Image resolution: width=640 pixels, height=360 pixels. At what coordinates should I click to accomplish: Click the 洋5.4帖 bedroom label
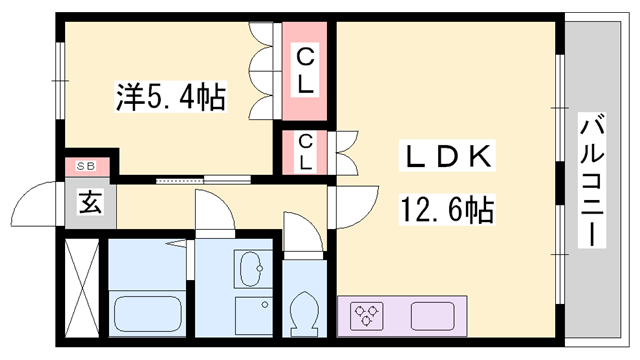click(170, 98)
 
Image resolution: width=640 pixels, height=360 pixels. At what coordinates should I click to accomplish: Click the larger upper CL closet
click(305, 71)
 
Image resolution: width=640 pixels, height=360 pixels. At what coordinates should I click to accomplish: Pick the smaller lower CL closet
click(305, 153)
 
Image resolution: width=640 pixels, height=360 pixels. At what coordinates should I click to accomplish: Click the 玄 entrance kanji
click(90, 204)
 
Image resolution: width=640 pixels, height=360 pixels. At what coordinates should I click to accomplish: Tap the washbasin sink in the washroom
click(250, 268)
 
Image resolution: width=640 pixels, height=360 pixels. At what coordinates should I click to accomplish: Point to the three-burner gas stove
click(368, 316)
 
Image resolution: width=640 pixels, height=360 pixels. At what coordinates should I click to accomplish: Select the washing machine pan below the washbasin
click(250, 314)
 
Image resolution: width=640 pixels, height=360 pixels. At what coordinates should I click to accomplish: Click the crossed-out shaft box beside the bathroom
click(83, 286)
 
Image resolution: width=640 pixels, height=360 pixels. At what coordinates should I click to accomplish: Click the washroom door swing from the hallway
click(211, 212)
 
